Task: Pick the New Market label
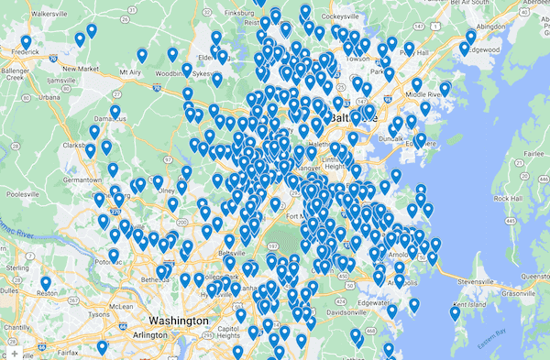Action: tap(81, 68)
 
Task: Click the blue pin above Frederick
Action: tap(26, 43)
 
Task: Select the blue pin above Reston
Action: tap(45, 283)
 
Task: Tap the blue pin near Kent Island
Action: tap(455, 313)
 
